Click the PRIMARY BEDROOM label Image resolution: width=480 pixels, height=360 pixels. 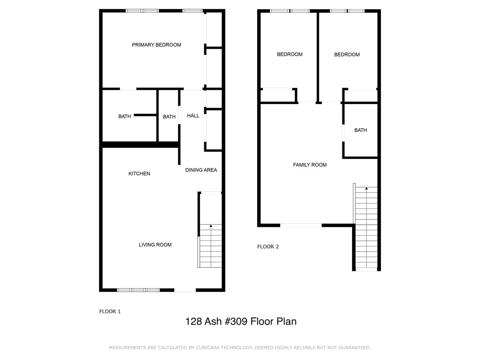(156, 45)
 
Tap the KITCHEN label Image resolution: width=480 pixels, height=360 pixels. (139, 174)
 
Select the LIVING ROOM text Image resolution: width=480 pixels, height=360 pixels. (155, 244)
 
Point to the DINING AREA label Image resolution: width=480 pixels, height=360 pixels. (201, 170)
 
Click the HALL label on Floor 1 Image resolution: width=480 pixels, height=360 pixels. (193, 116)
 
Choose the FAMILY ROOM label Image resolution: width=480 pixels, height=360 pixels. (310, 165)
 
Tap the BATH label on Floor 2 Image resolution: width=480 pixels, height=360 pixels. (360, 130)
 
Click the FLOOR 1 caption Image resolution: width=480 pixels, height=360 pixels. (110, 312)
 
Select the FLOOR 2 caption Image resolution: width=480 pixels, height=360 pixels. (268, 247)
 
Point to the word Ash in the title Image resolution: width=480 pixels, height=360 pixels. (213, 322)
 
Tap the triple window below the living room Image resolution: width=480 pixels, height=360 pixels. (138, 290)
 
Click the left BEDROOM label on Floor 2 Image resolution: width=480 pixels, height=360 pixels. (290, 54)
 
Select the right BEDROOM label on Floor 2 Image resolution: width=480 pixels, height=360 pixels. (347, 54)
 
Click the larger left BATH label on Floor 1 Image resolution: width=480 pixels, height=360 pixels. (124, 116)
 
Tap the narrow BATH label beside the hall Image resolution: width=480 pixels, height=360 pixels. (169, 117)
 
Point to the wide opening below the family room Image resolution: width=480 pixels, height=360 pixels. (301, 225)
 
